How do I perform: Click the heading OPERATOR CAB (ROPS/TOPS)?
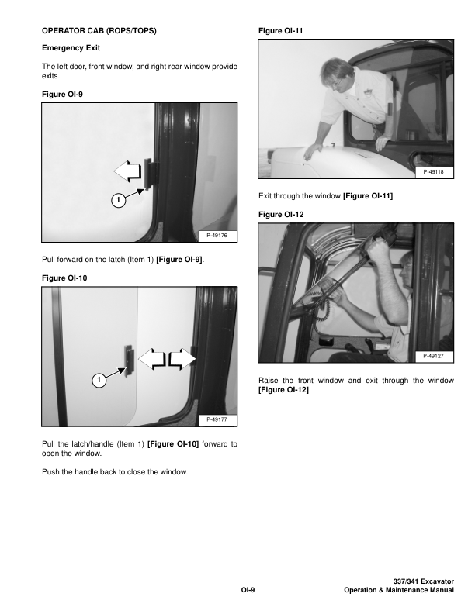point(99,30)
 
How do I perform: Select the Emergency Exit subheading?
point(71,48)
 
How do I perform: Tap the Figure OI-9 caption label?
point(62,95)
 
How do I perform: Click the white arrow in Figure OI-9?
point(127,171)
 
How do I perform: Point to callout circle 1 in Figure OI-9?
point(118,201)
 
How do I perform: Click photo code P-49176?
point(217,236)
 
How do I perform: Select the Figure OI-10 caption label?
point(64,278)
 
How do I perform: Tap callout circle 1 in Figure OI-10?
point(99,380)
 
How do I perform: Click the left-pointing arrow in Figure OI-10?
point(152,359)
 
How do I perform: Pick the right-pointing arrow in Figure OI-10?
point(182,359)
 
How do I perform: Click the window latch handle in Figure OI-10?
point(129,361)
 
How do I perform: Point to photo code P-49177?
point(217,419)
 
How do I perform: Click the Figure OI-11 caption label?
point(281,30)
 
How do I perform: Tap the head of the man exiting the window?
point(336,75)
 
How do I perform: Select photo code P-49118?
point(433,171)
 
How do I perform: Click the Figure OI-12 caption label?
point(281,215)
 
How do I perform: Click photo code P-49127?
point(433,356)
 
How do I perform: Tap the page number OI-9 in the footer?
point(248,590)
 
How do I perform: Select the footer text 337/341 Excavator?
point(423,581)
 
